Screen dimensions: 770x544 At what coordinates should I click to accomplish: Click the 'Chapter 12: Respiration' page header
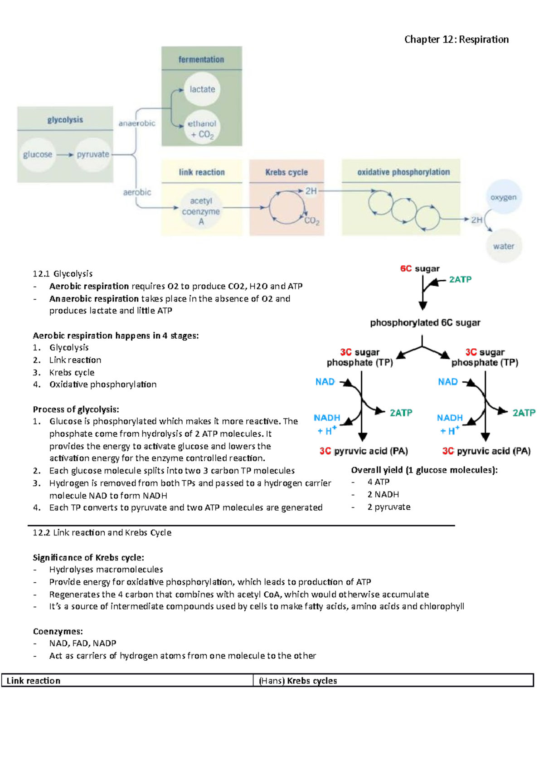(x=456, y=39)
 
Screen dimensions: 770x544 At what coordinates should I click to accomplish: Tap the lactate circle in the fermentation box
(x=202, y=89)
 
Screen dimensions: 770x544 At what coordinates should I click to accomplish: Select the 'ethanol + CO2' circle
(x=202, y=128)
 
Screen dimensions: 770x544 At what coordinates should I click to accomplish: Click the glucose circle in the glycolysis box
(x=38, y=155)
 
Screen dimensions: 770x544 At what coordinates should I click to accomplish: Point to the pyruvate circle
(x=93, y=155)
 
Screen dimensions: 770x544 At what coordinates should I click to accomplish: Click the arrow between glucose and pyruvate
(x=65, y=155)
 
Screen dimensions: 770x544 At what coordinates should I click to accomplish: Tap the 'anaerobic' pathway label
(x=136, y=123)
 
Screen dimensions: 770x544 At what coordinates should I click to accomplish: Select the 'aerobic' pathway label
(x=137, y=192)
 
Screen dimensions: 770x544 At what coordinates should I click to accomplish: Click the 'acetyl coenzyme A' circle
(x=201, y=211)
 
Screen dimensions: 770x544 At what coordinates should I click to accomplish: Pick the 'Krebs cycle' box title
(x=287, y=172)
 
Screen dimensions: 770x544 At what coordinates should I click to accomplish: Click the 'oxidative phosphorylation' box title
(x=403, y=172)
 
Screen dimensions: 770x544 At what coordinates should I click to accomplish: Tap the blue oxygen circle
(x=503, y=198)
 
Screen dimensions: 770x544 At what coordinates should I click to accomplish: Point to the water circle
(x=504, y=246)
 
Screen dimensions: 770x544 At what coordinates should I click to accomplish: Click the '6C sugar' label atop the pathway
(x=419, y=268)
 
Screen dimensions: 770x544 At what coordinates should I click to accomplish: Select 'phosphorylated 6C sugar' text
(x=425, y=323)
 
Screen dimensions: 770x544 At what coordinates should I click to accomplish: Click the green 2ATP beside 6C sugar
(x=460, y=280)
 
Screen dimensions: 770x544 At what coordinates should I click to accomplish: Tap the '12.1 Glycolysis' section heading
(x=63, y=273)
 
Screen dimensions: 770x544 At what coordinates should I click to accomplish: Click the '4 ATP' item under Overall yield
(x=378, y=482)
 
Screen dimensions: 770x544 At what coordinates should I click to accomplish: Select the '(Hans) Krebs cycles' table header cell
(x=298, y=681)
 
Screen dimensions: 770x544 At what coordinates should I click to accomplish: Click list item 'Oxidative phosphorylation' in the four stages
(x=103, y=385)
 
